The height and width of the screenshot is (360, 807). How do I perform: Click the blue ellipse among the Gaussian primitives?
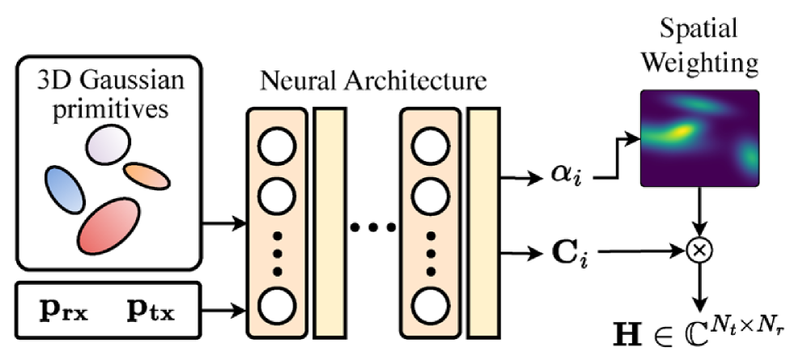64,190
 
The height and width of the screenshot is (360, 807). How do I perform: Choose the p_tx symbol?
151,308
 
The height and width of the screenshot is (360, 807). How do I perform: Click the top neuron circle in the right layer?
430,147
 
